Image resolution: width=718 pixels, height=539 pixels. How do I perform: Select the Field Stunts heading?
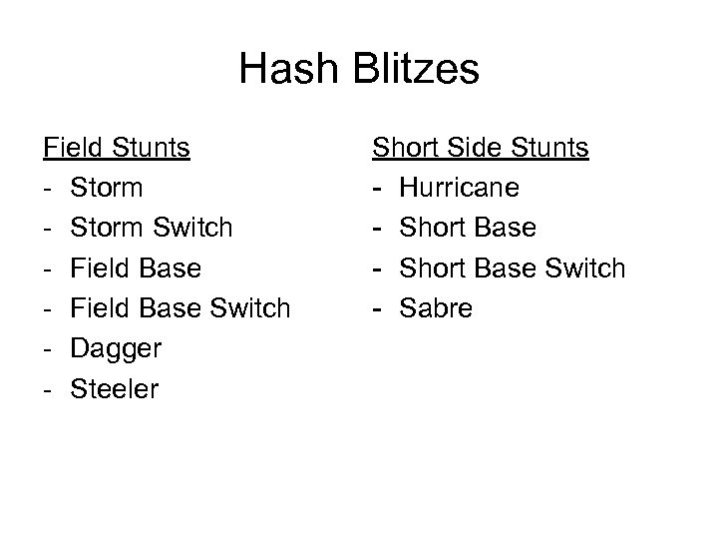pyautogui.click(x=117, y=149)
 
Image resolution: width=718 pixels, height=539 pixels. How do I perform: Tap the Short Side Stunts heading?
pyautogui.click(x=481, y=149)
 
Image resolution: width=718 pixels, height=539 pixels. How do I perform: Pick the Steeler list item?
pyautogui.click(x=114, y=389)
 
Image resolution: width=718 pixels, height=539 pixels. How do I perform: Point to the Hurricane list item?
pyautogui.click(x=457, y=188)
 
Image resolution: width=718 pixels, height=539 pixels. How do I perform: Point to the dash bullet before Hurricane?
pyautogui.click(x=378, y=188)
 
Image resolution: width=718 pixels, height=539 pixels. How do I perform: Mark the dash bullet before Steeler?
pyautogui.click(x=48, y=389)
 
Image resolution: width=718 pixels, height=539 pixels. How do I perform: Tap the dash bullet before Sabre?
pyautogui.click(x=378, y=308)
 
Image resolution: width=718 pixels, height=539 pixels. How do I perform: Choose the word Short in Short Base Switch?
pyautogui.click(x=431, y=269)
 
